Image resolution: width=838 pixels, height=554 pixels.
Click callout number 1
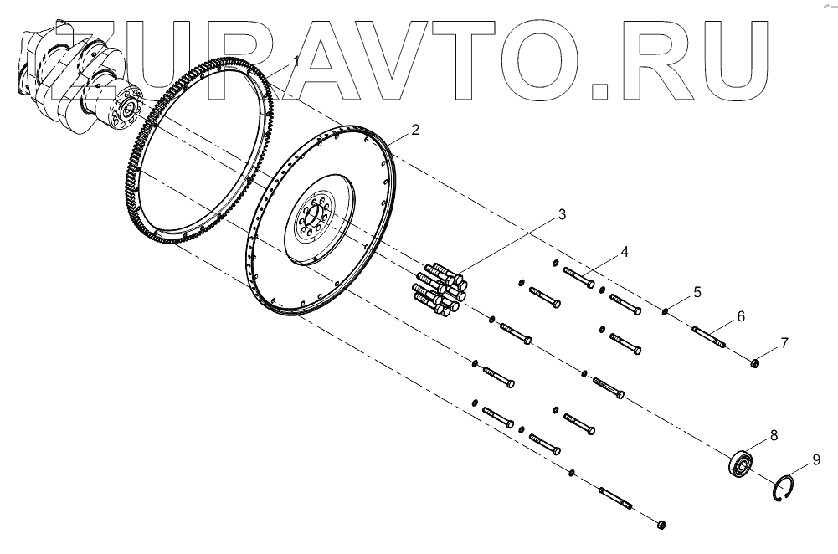[x=296, y=60]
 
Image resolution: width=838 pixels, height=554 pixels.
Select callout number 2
[x=415, y=130]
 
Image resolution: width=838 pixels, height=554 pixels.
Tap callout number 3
[x=563, y=215]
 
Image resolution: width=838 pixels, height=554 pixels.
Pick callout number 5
[x=697, y=293]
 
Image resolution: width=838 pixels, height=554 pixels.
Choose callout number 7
[x=784, y=342]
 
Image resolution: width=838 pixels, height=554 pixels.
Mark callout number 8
[x=774, y=434]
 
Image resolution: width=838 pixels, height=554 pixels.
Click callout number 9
[x=817, y=459]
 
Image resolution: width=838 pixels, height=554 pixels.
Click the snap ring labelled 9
[x=783, y=489]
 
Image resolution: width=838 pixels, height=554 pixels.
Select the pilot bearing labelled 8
[x=740, y=463]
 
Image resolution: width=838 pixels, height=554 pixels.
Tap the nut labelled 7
[x=754, y=362]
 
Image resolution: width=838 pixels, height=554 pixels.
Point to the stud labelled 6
[x=708, y=336]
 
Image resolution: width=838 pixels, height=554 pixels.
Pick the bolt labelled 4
[x=580, y=277]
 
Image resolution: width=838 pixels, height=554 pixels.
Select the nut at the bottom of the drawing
[x=661, y=524]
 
